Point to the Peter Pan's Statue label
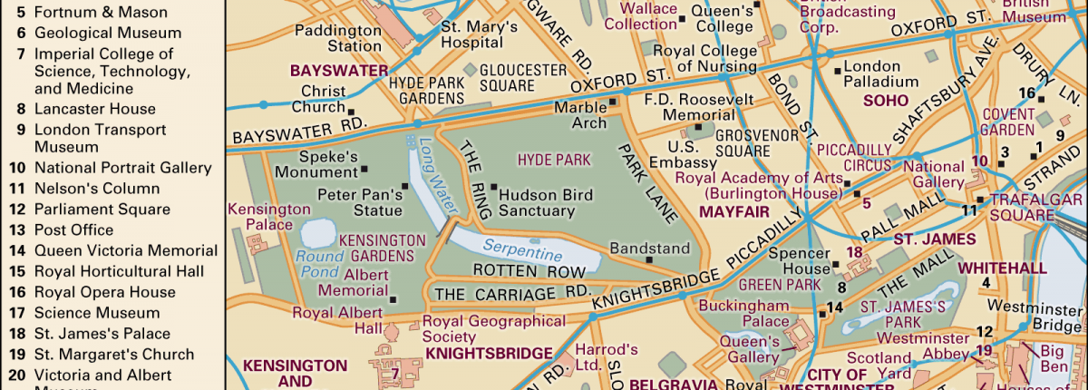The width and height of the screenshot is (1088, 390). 359,202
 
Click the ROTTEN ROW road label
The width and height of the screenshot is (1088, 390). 516,270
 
